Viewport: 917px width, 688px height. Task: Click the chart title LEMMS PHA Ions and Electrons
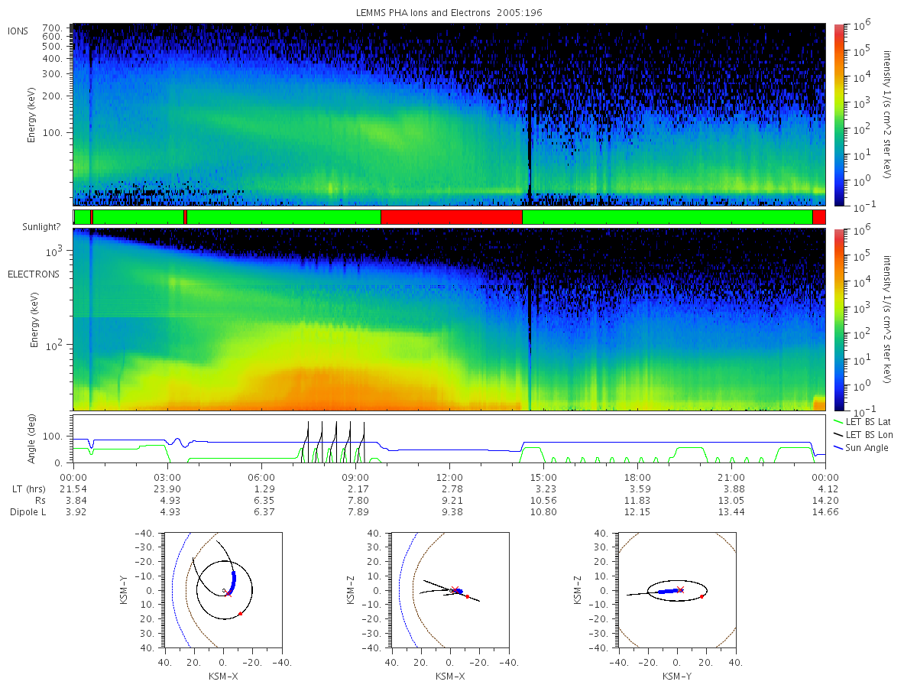click(423, 13)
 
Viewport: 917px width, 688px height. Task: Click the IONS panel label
click(18, 31)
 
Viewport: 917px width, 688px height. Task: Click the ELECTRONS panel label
click(34, 274)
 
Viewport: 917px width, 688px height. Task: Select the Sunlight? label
click(41, 227)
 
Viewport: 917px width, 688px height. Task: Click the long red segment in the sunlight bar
click(451, 217)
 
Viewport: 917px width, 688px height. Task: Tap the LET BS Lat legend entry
click(863, 421)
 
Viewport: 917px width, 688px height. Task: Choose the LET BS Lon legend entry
click(863, 434)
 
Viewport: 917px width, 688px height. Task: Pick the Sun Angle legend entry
click(860, 447)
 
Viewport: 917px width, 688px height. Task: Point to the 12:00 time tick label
click(449, 478)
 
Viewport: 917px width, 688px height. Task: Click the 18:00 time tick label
click(637, 478)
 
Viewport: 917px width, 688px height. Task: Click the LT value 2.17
click(358, 488)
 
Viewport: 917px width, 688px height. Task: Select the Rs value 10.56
click(543, 501)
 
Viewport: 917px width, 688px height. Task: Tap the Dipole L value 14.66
click(825, 512)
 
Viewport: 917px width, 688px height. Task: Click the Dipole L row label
click(28, 512)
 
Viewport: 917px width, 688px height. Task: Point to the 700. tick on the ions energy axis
click(52, 28)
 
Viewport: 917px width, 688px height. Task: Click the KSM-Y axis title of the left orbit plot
click(124, 589)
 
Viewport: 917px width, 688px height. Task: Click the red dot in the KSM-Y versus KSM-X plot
click(240, 614)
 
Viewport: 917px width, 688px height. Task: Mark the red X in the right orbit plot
click(680, 589)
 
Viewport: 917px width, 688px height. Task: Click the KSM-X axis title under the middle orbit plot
click(450, 677)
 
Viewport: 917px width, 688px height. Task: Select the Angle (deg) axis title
click(31, 439)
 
